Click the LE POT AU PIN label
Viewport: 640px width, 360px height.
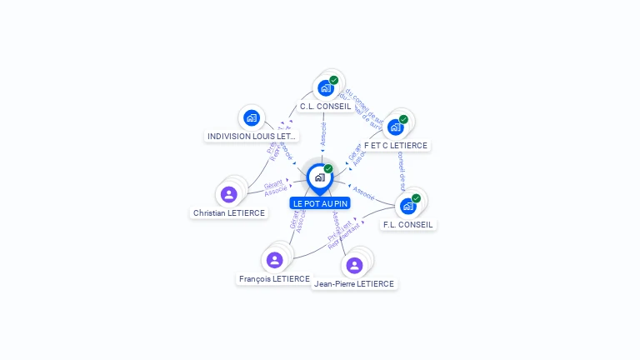coord(320,203)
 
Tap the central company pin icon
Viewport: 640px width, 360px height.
coord(320,177)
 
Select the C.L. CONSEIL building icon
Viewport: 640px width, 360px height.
coord(325,87)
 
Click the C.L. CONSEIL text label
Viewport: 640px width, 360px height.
coord(326,107)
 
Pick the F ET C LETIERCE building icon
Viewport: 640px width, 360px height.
coord(395,127)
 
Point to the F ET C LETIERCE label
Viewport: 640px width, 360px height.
coord(396,146)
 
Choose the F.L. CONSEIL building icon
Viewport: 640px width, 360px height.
coord(407,206)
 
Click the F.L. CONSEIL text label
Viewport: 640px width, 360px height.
coord(409,225)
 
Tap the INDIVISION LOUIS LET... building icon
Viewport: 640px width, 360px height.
coord(252,117)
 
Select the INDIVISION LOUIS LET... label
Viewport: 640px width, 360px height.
coord(251,136)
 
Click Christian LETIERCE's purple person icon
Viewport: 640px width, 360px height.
coord(229,194)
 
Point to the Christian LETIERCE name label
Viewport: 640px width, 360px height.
coord(229,213)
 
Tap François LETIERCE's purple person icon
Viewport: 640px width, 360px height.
coord(274,260)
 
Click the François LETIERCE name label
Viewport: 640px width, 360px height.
coord(274,279)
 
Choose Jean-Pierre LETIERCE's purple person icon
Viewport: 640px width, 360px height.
coord(354,265)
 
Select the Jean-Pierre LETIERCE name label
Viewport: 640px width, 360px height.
coord(354,284)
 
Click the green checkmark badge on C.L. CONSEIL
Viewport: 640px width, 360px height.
coord(334,80)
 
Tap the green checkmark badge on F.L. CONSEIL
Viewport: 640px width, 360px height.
coord(416,198)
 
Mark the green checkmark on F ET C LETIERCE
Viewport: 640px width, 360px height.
coord(403,119)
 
